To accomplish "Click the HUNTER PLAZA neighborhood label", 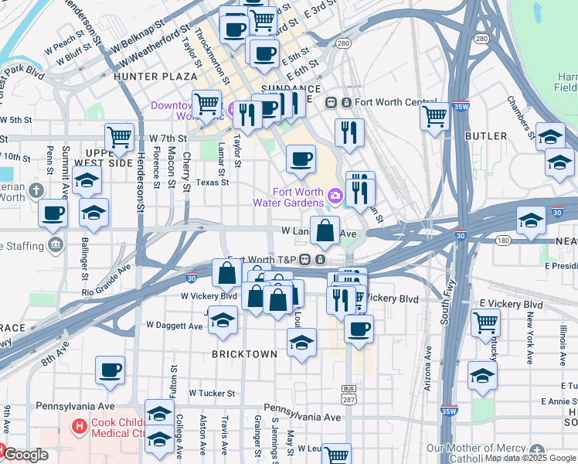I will (x=146, y=77).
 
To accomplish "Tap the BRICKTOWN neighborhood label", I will (x=244, y=354).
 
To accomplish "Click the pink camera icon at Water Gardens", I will (x=334, y=196).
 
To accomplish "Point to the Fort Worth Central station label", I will (x=395, y=102).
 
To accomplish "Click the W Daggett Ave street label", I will (x=170, y=326).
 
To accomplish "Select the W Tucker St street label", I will (x=212, y=393).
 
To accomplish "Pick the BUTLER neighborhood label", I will (x=486, y=136).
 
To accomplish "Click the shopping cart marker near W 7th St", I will (x=119, y=138).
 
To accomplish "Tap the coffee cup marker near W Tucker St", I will (x=110, y=370).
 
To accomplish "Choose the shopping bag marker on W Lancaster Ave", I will (x=325, y=229).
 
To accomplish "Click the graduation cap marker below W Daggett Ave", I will (x=223, y=321).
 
